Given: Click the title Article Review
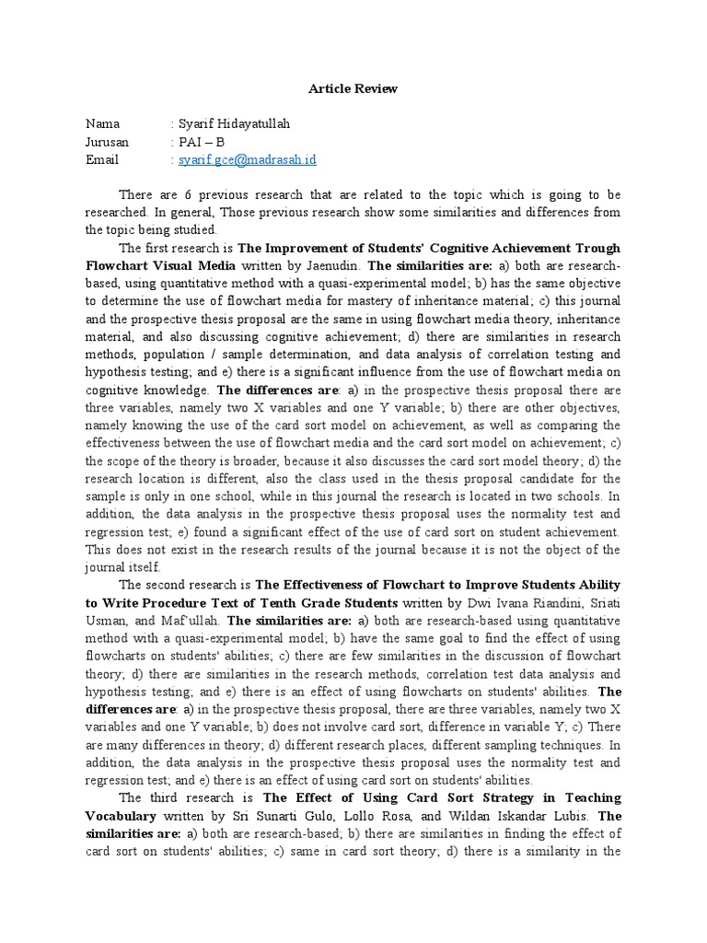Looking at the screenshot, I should tap(353, 88).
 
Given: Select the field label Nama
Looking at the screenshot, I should tap(102, 124).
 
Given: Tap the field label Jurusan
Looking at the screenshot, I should tap(107, 142).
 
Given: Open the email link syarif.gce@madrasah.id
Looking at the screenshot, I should tap(247, 159).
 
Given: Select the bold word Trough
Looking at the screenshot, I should tap(597, 249).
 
